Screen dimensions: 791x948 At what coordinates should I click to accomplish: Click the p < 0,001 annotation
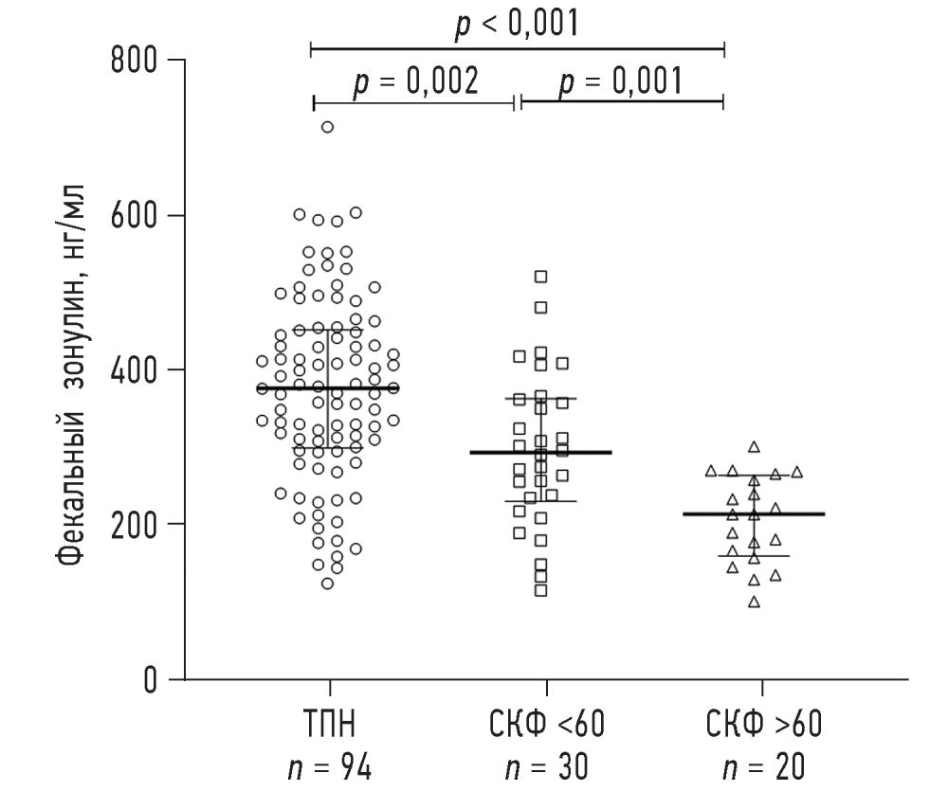pos(517,24)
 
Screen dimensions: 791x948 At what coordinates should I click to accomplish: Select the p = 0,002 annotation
pos(416,82)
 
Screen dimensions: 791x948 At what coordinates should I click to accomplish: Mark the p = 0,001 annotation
pos(620,82)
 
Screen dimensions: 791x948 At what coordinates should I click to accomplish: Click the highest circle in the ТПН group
pos(327,127)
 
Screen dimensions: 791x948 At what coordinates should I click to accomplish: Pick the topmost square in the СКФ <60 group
pos(541,277)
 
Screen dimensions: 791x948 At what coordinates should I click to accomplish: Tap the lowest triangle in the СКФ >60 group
pos(755,602)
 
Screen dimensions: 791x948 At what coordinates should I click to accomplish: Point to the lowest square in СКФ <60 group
pos(541,590)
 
